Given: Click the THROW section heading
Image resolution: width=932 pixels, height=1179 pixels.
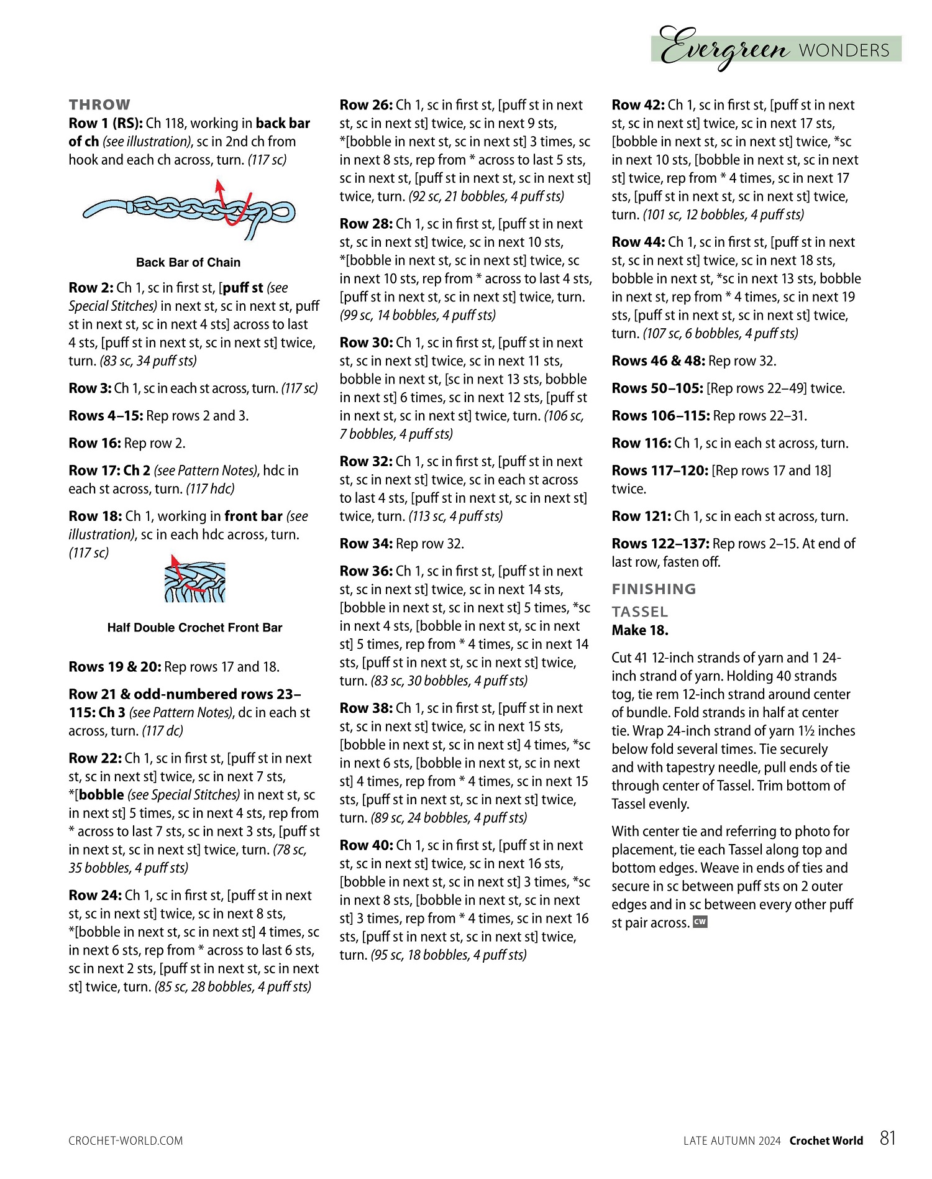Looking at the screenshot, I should pyautogui.click(x=99, y=104).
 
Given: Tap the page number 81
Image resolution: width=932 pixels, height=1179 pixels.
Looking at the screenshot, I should pyautogui.click(x=888, y=1138).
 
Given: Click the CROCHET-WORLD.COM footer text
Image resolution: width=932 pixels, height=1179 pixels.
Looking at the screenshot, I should pyautogui.click(x=126, y=1140).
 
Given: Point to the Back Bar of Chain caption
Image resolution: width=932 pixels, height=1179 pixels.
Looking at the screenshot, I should pyautogui.click(x=188, y=262).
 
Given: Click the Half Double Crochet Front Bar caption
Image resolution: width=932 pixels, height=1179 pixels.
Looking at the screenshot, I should pyautogui.click(x=194, y=628).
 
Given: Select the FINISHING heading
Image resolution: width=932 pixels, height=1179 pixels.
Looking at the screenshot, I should pyautogui.click(x=654, y=589).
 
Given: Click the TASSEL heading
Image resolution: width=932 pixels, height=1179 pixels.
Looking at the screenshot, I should pyautogui.click(x=639, y=612).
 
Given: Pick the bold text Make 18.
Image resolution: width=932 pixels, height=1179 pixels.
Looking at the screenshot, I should pyautogui.click(x=640, y=630).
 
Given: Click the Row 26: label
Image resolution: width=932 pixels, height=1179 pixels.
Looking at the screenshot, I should pyautogui.click(x=366, y=105).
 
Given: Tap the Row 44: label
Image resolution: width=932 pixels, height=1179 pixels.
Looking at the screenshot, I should pyautogui.click(x=638, y=242).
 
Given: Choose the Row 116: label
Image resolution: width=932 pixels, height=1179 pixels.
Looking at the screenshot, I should pyautogui.click(x=641, y=443).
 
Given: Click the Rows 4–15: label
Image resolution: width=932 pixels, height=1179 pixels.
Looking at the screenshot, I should pyautogui.click(x=106, y=416).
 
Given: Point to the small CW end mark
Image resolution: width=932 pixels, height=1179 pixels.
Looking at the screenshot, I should pyautogui.click(x=700, y=922).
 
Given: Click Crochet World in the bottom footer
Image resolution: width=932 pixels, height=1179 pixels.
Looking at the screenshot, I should pyautogui.click(x=826, y=1140).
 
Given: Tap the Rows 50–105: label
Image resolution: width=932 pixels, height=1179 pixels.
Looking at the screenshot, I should pyautogui.click(x=657, y=388).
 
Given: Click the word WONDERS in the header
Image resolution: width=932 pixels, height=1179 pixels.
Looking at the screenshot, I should pyautogui.click(x=844, y=50).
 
